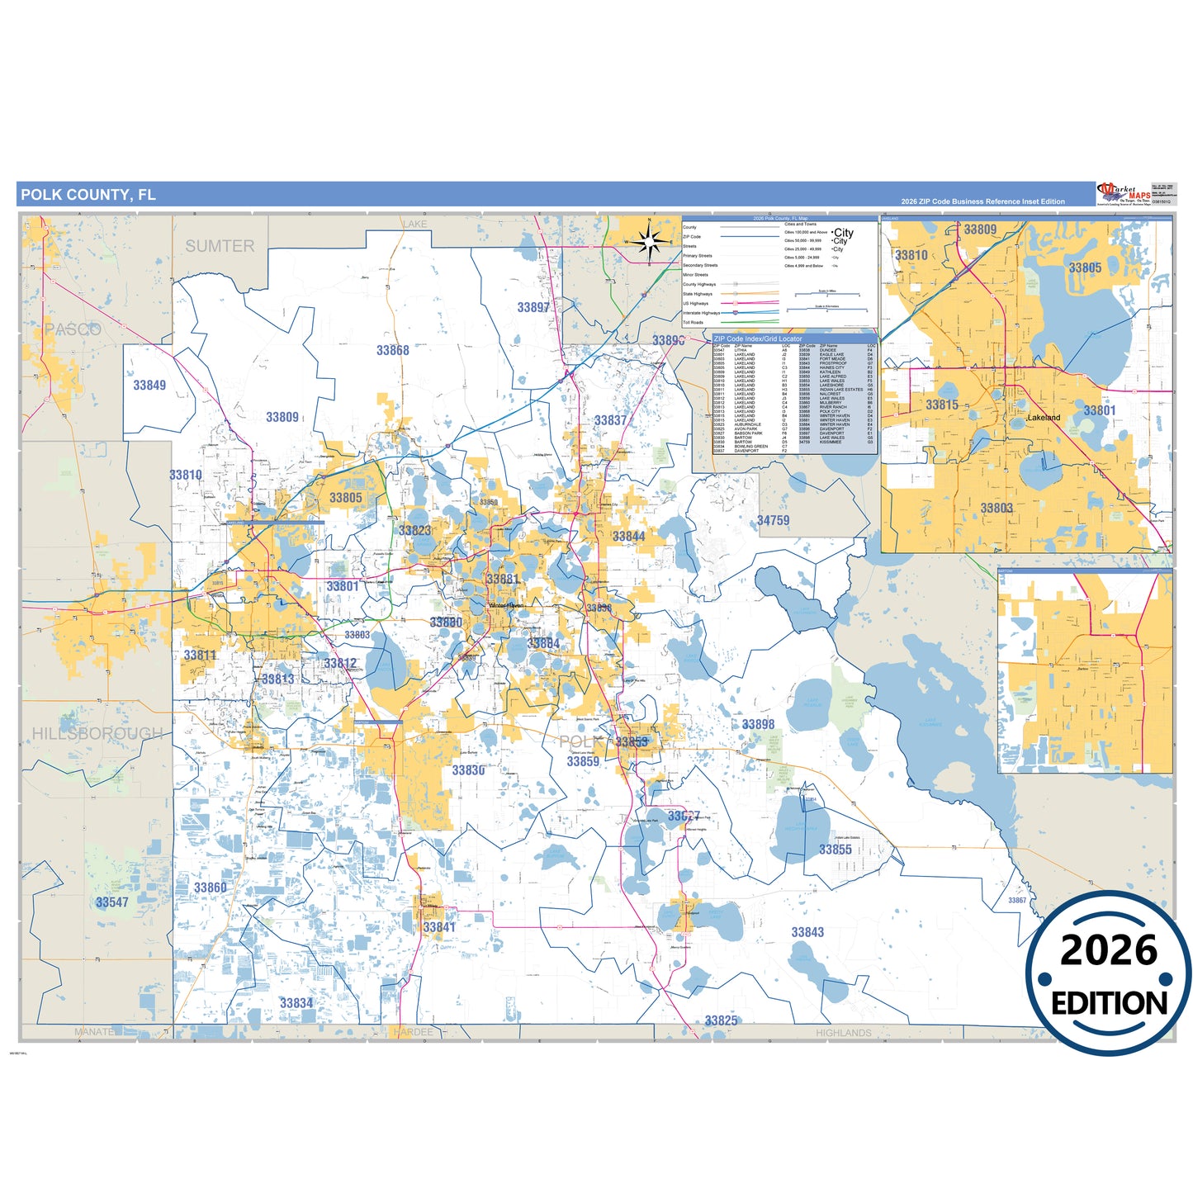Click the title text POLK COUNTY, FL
[88, 195]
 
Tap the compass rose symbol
[650, 241]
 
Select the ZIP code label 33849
[149, 385]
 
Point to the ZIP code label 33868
[393, 350]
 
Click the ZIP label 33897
[533, 307]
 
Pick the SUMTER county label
[220, 246]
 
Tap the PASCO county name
[73, 329]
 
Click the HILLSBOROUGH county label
[97, 733]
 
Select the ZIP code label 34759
[773, 520]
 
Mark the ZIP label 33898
[758, 724]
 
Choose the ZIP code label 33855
[836, 849]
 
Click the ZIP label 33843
[807, 932]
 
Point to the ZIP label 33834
[296, 1003]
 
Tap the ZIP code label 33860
[210, 888]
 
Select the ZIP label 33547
[112, 902]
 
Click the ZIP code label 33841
[439, 927]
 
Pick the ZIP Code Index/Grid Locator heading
[757, 338]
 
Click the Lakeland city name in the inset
[1044, 418]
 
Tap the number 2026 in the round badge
[1108, 951]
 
